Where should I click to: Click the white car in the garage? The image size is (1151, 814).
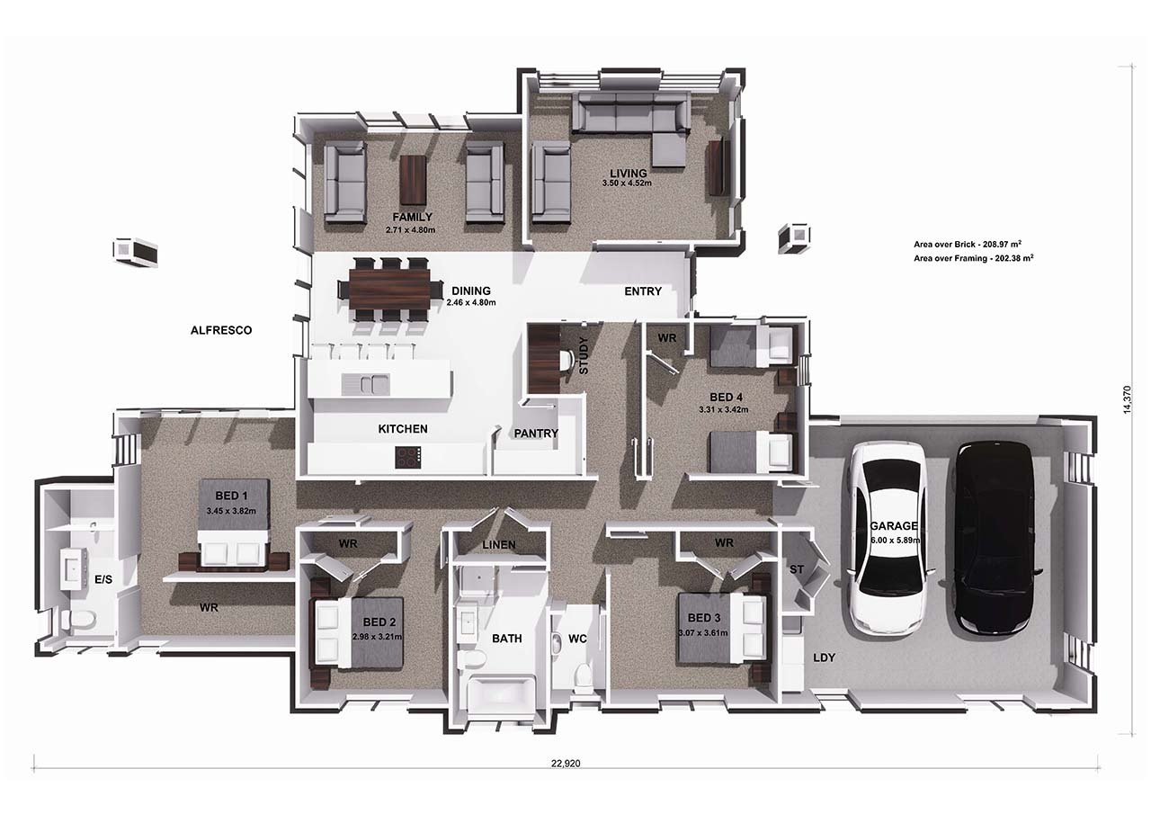click(887, 539)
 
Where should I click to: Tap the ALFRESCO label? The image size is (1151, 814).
click(221, 330)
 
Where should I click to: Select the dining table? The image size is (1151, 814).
click(390, 290)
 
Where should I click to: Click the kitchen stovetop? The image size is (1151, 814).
click(408, 457)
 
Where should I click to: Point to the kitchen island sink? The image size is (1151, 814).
click(365, 384)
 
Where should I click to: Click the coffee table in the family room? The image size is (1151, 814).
click(413, 180)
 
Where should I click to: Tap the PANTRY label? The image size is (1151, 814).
click(536, 434)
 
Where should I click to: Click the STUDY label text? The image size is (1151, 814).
click(584, 355)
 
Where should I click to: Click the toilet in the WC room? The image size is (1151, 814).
click(583, 675)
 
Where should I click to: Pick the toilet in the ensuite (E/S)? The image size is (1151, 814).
click(79, 620)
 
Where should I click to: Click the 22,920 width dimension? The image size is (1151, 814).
click(566, 764)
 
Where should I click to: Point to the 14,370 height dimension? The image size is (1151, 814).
click(1127, 400)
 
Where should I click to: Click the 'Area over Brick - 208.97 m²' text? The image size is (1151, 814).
click(968, 244)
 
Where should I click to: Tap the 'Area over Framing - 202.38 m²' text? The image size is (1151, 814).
click(974, 258)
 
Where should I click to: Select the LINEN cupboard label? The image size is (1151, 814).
click(499, 545)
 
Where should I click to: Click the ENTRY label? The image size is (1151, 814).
click(643, 291)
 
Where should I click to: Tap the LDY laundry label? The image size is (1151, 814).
click(825, 657)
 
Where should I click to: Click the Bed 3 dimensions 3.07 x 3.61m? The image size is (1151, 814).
click(703, 633)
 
